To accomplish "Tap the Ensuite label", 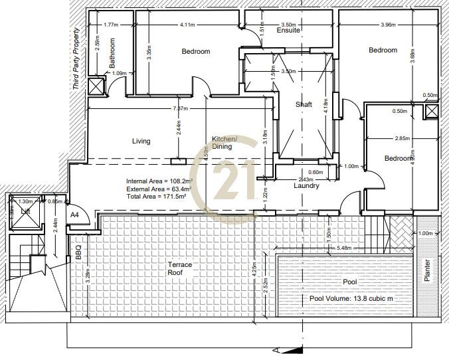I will [x=289, y=31].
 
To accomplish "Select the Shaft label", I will [x=304, y=104].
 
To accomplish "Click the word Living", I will [x=141, y=141].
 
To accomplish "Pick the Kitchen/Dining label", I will [x=222, y=143].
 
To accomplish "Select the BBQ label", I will [x=78, y=253].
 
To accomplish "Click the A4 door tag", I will [x=75, y=215].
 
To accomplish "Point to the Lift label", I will [x=25, y=211].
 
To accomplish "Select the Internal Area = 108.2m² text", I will [x=159, y=181].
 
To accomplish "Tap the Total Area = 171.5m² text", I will [x=157, y=197].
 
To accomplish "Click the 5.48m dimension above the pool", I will [x=344, y=248].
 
